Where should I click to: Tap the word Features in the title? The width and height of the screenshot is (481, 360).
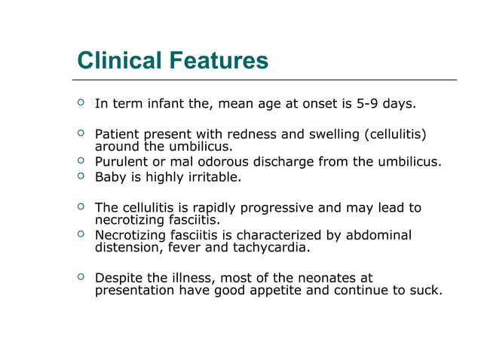pyautogui.click(x=221, y=60)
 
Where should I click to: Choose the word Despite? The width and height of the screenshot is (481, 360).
pyautogui.click(x=119, y=279)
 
